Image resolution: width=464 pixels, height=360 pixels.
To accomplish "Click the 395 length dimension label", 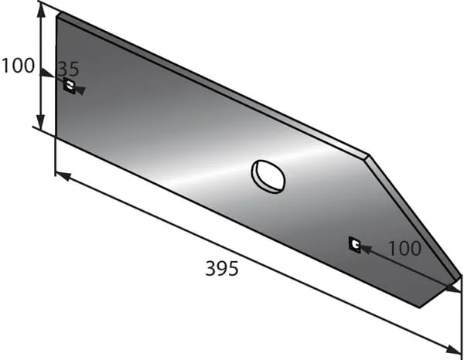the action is (222, 268).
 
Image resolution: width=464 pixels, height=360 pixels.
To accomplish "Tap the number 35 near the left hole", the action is (68, 69).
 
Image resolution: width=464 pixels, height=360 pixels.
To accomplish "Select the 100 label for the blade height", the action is (18, 66).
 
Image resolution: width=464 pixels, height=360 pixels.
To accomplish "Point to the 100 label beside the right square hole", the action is (404, 248).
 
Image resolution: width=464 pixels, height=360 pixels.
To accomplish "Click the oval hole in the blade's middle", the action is (268, 177).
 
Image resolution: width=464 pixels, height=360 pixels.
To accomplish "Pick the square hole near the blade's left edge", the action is (70, 86).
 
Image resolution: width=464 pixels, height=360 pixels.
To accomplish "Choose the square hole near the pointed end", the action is (354, 245).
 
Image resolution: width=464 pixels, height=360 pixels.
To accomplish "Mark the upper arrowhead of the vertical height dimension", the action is (41, 12).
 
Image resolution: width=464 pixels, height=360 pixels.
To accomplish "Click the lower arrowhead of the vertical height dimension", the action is (41, 121).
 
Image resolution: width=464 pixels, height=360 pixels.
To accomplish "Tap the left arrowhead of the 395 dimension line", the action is (63, 176).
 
